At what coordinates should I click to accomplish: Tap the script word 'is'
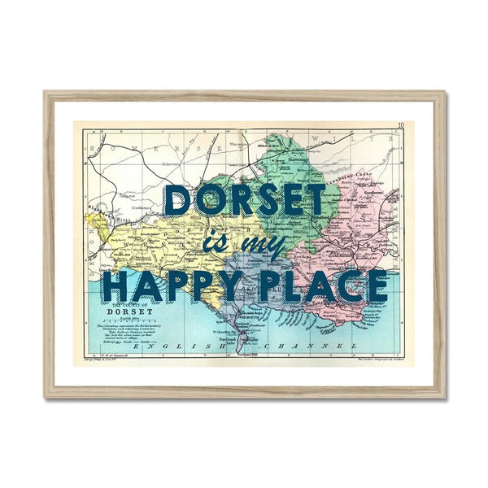(213, 244)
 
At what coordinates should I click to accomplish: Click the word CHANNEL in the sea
(326, 348)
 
